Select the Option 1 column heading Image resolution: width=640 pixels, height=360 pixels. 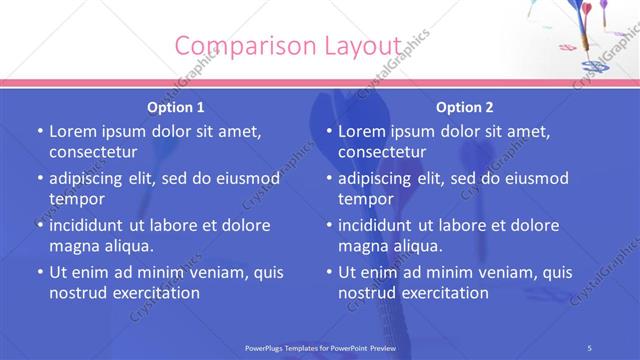176,107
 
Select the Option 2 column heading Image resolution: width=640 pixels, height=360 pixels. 465,107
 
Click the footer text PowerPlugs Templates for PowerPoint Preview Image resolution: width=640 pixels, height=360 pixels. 320,347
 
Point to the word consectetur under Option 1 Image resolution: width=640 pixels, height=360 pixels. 93,152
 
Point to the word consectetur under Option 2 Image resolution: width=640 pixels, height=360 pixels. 382,152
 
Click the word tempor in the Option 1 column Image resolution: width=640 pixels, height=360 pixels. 77,199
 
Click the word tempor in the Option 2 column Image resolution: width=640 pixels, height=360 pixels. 366,199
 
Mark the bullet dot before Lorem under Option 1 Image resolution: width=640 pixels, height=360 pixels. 39,131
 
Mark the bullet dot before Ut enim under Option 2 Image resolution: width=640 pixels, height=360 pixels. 328,272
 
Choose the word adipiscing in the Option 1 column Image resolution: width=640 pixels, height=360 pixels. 89,178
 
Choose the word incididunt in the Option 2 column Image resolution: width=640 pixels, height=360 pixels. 381,225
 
